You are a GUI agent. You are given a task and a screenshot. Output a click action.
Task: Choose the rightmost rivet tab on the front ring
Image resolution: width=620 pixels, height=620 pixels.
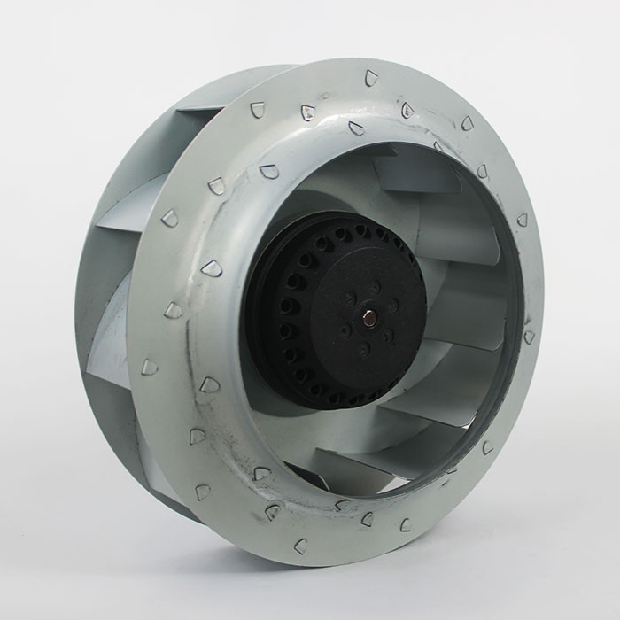(529, 337)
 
